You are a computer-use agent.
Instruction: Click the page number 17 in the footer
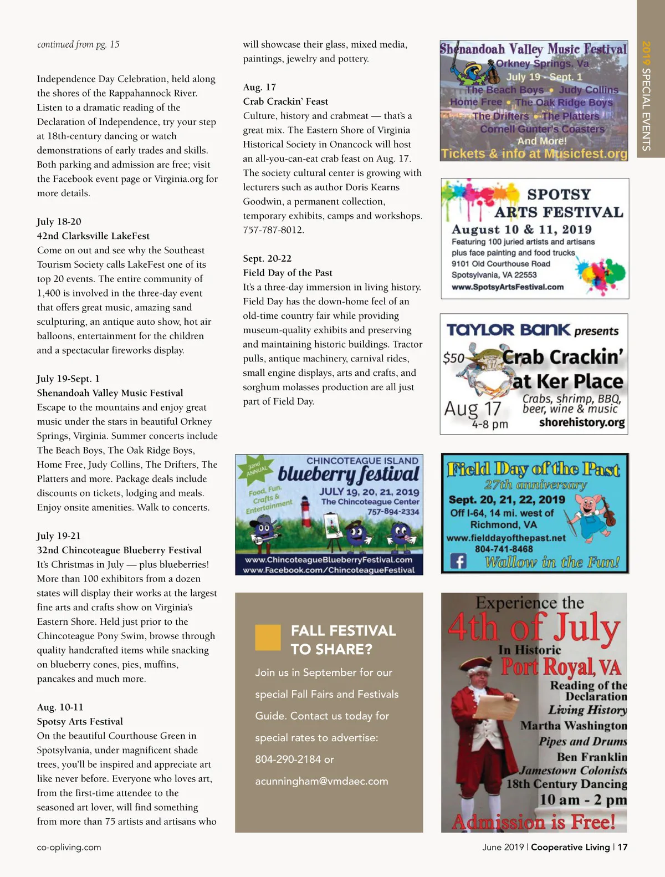[x=623, y=847]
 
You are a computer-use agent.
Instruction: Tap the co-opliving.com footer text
[x=69, y=847]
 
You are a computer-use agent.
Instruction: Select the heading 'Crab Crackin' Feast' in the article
[x=285, y=101]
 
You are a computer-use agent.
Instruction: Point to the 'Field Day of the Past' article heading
[x=288, y=273]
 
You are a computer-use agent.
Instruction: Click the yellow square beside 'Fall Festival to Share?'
[x=268, y=638]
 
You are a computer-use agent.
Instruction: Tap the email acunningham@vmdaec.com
[x=321, y=781]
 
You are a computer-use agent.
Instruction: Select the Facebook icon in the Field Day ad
[x=458, y=562]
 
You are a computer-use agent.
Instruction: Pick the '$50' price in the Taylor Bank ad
[x=453, y=358]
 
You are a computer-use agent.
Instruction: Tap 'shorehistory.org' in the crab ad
[x=581, y=423]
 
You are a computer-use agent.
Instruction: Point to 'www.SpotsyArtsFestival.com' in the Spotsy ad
[x=507, y=287]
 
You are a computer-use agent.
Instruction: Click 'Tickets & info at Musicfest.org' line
[x=534, y=154]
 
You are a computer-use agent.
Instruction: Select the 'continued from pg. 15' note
[x=78, y=44]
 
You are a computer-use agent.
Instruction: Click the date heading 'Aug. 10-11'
[x=60, y=707]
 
